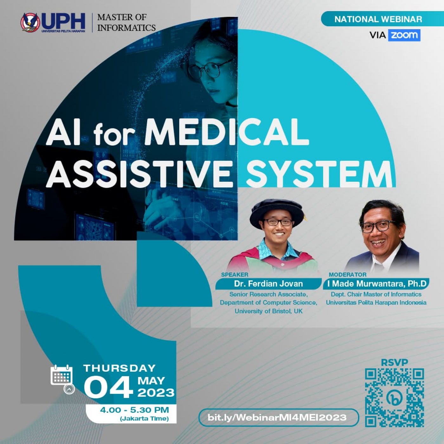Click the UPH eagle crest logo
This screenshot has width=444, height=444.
click(30, 22)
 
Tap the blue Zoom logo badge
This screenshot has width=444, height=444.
click(404, 35)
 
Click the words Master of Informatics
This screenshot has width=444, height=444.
click(127, 22)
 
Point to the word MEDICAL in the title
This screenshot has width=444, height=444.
click(226, 132)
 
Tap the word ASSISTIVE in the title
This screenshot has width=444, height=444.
click(139, 174)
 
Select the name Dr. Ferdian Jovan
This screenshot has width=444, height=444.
click(268, 284)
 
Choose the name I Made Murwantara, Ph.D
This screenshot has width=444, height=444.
click(377, 284)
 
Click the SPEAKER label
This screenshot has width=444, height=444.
click(235, 274)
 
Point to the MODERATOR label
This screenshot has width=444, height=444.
click(348, 274)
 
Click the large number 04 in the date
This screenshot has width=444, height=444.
click(108, 387)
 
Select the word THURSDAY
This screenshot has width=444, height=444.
click(119, 368)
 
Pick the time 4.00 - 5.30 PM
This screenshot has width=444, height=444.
click(134, 410)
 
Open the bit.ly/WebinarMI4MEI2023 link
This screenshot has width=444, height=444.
click(277, 417)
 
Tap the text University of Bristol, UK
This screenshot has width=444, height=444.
click(268, 311)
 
